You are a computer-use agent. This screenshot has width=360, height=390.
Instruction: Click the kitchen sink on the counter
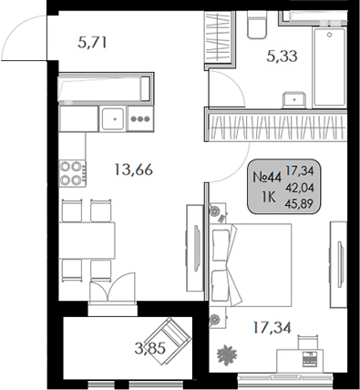[x=115, y=117]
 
